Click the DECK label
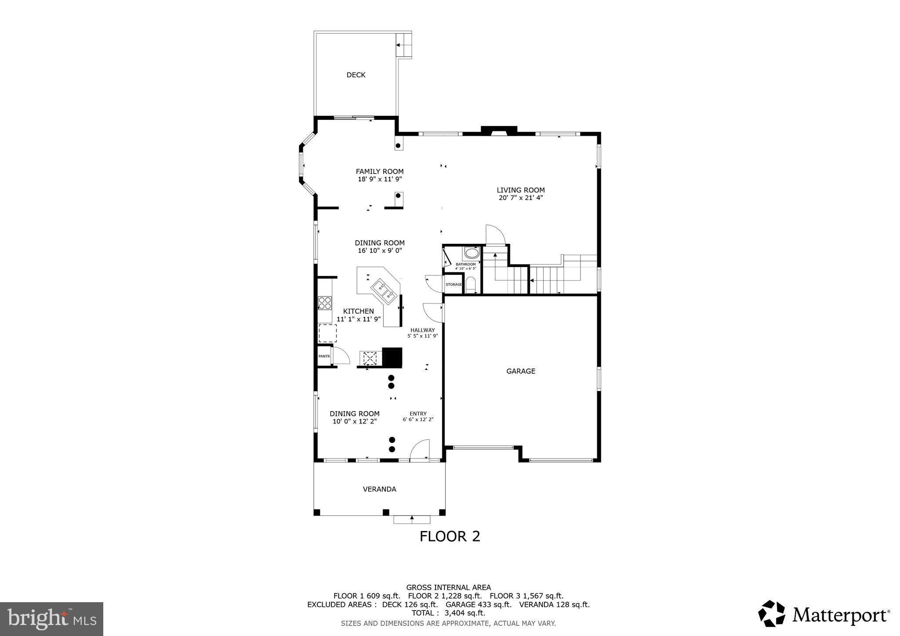click(x=356, y=75)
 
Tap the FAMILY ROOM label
click(x=380, y=172)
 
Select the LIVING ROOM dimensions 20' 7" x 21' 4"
click(x=521, y=198)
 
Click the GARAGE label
click(x=521, y=371)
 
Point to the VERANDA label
click(x=379, y=489)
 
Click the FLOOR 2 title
click(x=450, y=536)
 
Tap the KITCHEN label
click(x=358, y=311)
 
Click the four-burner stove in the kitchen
click(x=325, y=303)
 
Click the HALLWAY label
click(x=422, y=330)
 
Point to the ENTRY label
click(x=418, y=414)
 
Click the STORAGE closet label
click(x=454, y=285)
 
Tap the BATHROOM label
click(x=465, y=264)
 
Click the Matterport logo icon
click(x=771, y=614)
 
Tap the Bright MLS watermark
click(x=51, y=619)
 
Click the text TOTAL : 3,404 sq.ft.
click(x=448, y=613)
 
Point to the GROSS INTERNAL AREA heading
click(x=448, y=588)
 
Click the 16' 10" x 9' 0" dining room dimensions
click(x=380, y=251)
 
